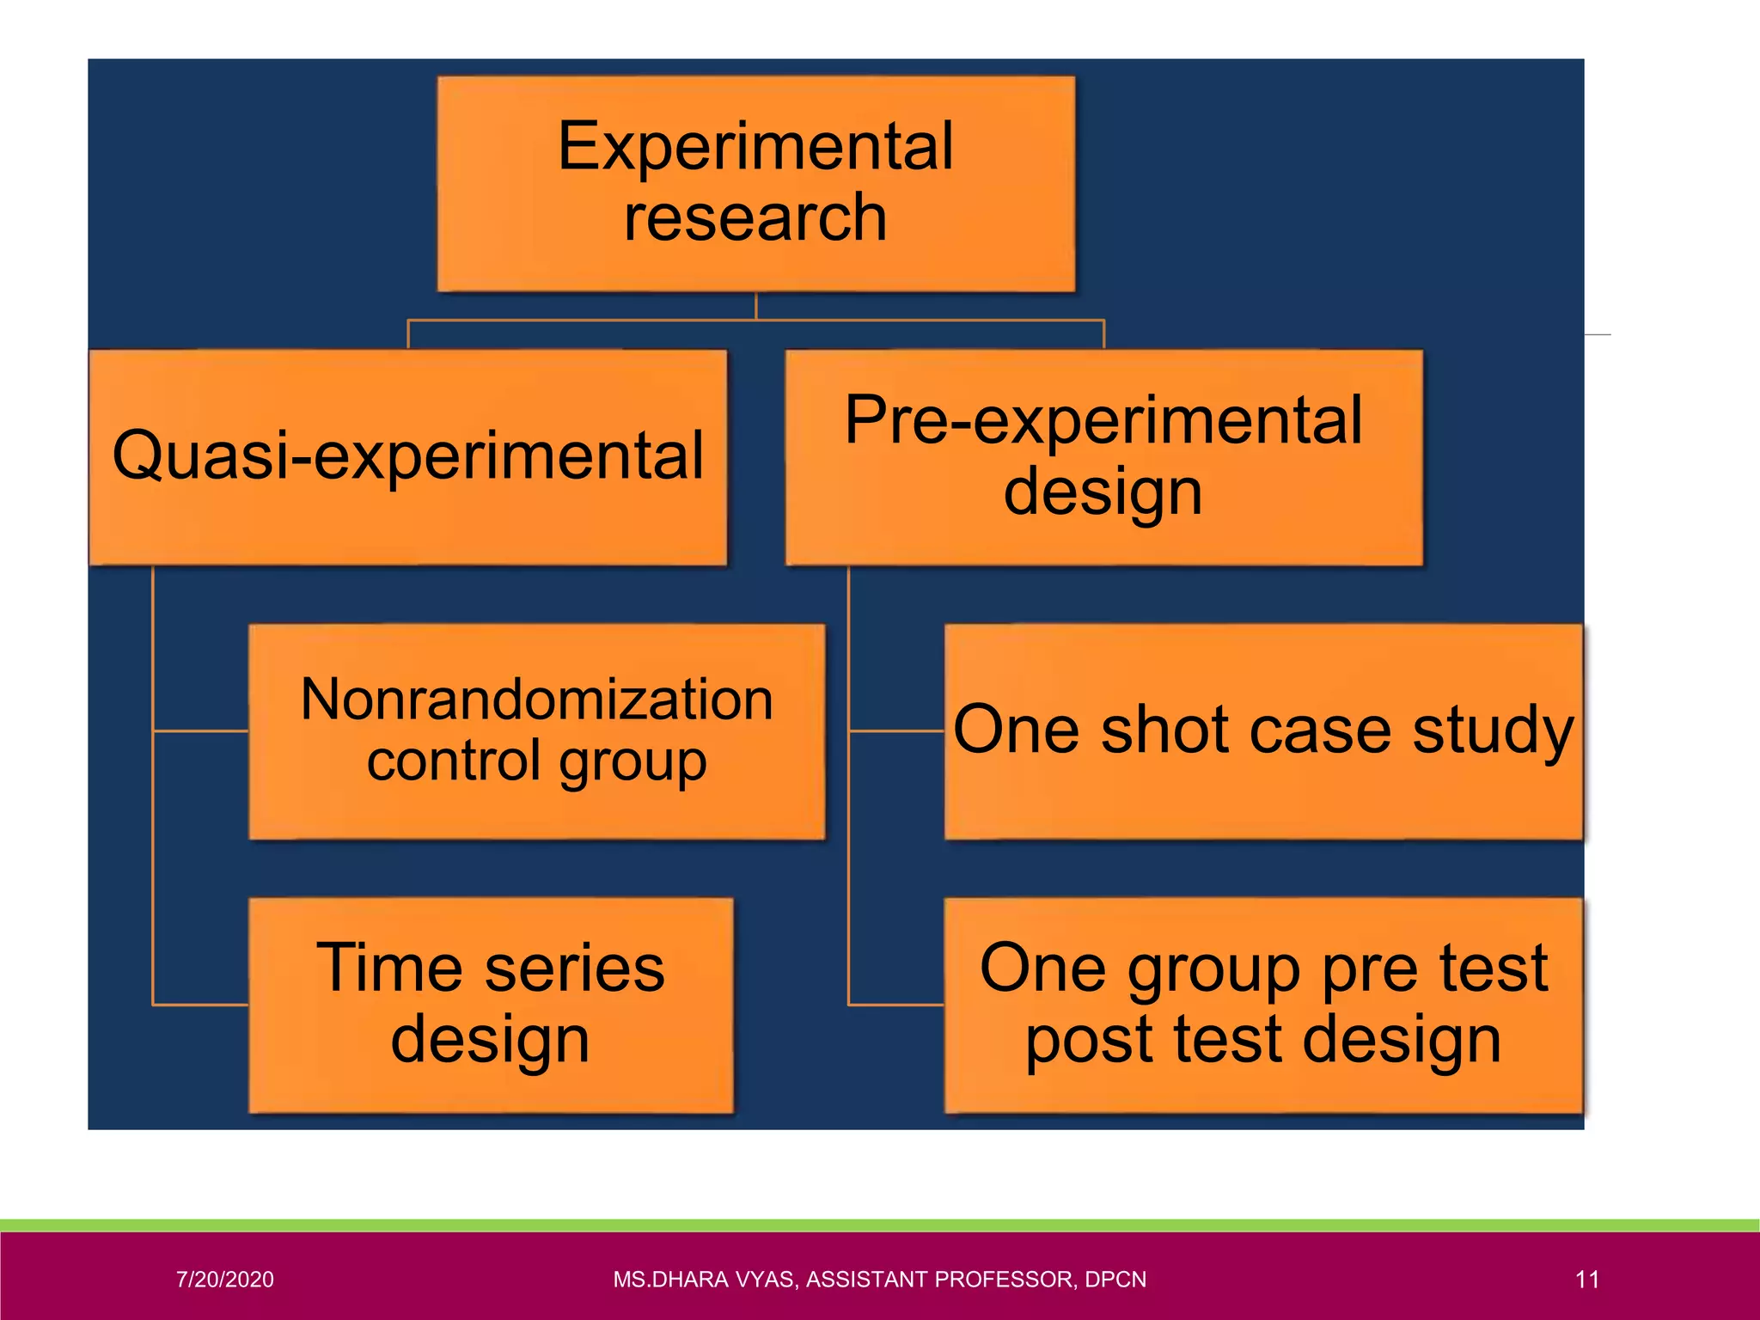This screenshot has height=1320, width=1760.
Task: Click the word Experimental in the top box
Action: click(755, 146)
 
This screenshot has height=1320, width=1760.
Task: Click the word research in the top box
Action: click(755, 218)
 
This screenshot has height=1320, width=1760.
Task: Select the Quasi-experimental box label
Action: click(408, 455)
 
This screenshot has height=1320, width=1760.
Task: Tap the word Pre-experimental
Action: click(1103, 420)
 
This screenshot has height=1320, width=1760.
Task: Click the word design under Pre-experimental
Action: click(1103, 493)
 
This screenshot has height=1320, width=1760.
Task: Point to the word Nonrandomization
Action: click(537, 700)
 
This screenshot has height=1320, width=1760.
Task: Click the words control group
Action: click(537, 761)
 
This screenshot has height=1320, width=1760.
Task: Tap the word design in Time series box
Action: click(490, 1040)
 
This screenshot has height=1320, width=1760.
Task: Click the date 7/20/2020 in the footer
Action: click(225, 1280)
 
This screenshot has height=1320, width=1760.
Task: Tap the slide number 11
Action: click(1587, 1280)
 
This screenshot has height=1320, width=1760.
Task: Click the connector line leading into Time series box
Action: click(200, 1004)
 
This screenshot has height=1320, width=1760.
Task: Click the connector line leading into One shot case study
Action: click(896, 731)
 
